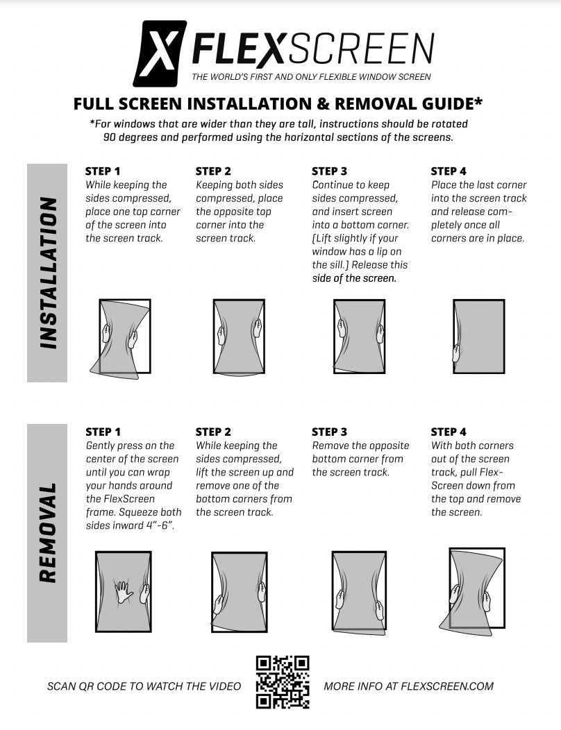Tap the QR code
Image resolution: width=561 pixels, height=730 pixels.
click(283, 681)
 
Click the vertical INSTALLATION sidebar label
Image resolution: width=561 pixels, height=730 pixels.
click(47, 273)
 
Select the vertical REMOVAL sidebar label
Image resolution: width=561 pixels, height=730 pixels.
click(47, 533)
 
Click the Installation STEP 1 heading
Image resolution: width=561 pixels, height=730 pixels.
click(103, 171)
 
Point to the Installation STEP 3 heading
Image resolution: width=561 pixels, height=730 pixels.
click(330, 171)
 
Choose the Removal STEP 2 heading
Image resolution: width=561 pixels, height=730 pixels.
click(214, 432)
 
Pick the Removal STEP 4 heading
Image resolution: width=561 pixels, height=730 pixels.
click(449, 432)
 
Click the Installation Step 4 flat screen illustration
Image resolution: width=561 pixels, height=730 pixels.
click(478, 337)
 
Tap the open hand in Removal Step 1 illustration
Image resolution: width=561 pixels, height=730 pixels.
click(124, 591)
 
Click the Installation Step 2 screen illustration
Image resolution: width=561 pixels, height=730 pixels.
click(239, 337)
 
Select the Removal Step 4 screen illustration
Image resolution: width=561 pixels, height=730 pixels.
click(476, 590)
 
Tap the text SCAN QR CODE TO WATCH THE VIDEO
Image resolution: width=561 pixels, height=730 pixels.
click(144, 686)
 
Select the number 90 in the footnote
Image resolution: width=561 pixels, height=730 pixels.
click(111, 137)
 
